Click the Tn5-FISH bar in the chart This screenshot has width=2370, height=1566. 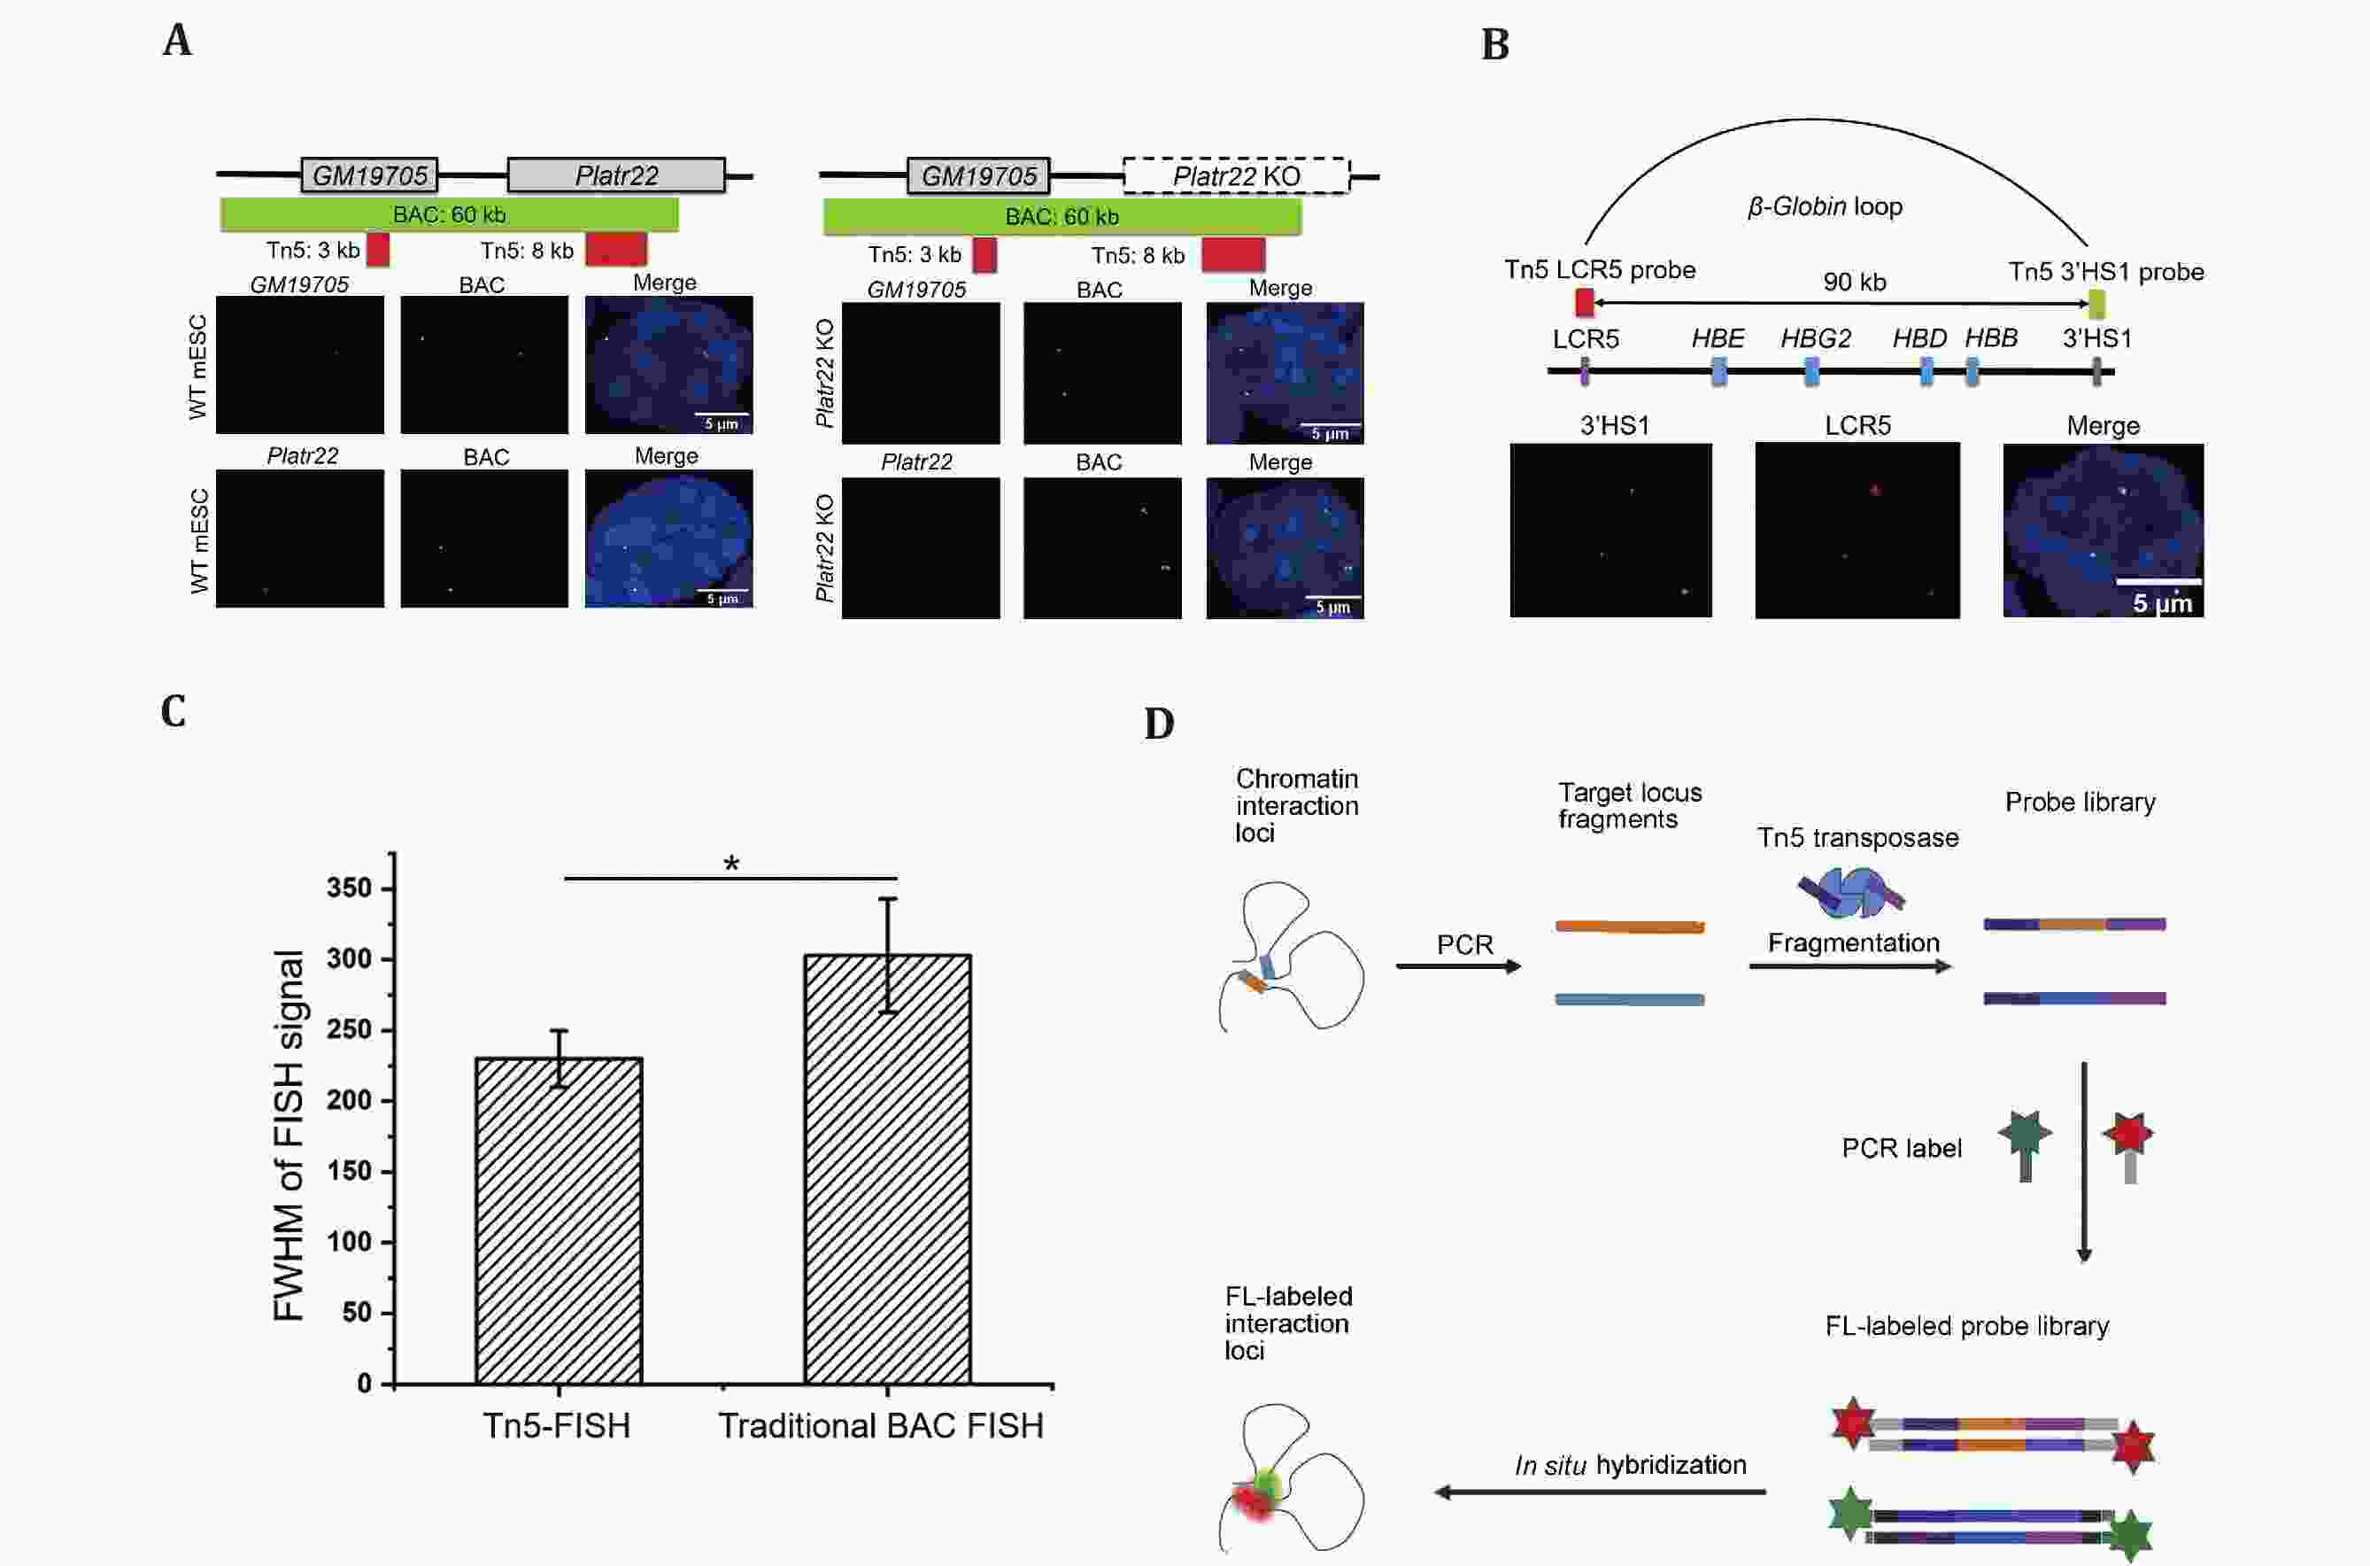(559, 1221)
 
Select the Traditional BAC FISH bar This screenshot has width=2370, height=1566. (887, 1168)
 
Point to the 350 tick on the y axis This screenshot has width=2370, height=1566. (350, 888)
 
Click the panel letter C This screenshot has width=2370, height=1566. (174, 711)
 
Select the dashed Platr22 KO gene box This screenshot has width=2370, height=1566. (1236, 175)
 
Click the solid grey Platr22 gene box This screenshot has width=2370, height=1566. (616, 174)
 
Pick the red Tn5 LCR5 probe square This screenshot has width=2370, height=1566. (1585, 302)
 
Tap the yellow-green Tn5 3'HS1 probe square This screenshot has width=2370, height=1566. (2096, 303)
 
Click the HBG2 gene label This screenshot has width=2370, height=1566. (1815, 338)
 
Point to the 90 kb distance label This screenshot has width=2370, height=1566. (1854, 282)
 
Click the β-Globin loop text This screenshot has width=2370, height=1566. (1824, 205)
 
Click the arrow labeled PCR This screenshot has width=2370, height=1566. (1457, 965)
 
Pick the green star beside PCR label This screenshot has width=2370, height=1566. (2025, 1136)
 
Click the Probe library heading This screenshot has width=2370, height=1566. (2080, 802)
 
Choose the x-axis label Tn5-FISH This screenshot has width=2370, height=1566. (557, 1425)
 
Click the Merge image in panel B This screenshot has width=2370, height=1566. (2103, 531)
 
